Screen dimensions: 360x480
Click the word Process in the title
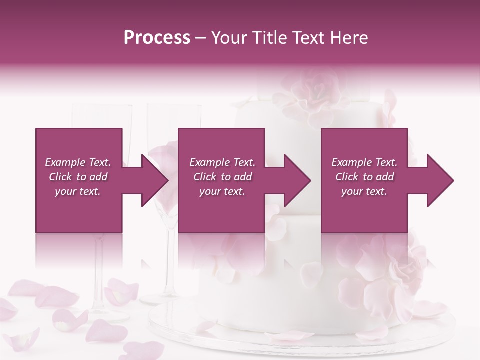click(157, 38)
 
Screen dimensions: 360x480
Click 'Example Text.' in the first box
click(78, 162)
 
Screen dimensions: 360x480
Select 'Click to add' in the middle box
click(222, 177)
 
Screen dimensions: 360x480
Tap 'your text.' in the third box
click(364, 191)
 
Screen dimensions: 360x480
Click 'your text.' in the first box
click(78, 191)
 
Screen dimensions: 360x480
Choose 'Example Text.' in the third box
click(364, 162)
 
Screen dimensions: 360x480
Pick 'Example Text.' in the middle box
click(222, 162)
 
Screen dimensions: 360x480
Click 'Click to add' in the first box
click(78, 177)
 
